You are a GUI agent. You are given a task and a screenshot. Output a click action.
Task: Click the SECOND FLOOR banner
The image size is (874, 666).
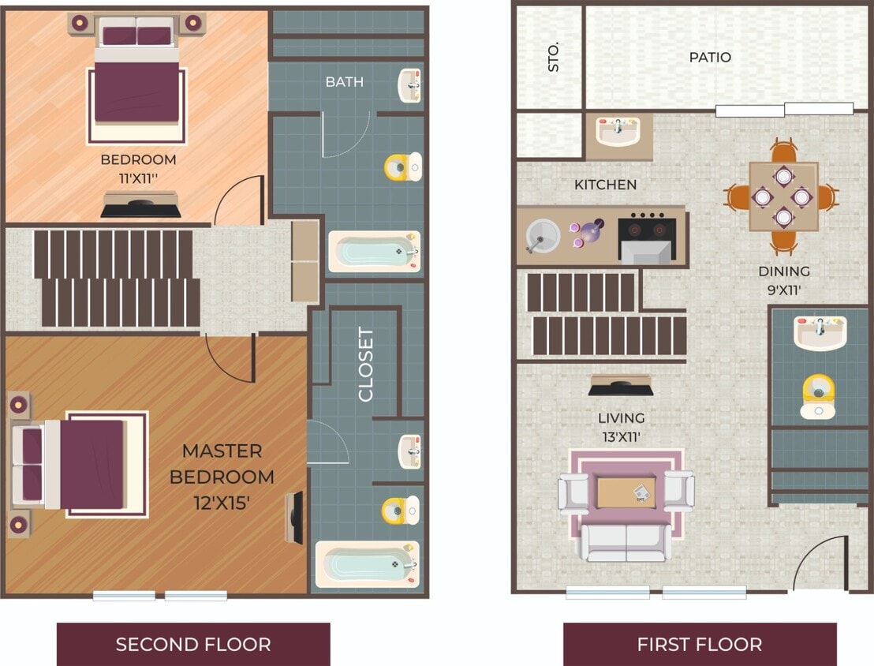193,644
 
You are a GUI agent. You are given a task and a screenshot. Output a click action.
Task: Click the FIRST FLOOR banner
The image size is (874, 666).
699,644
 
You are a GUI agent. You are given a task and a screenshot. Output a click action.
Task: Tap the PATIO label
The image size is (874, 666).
710,58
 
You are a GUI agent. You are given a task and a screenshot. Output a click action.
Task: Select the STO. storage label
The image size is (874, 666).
553,58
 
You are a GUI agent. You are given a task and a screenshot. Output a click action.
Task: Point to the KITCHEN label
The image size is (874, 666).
605,185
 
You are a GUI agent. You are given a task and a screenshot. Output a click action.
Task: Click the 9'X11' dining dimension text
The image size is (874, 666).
784,289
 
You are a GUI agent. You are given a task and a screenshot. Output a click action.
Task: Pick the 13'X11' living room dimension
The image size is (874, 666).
621,435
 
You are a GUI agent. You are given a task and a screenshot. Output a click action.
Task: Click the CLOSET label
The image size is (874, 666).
366,365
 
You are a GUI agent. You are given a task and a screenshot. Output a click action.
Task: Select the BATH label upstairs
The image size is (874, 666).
345,82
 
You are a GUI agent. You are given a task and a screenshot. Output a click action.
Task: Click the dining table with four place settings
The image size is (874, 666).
782,196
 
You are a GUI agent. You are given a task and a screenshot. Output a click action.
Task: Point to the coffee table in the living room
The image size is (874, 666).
626,493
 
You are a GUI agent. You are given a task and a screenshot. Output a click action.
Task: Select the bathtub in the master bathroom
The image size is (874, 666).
365,564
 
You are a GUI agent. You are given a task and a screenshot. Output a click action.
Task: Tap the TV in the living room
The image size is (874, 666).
620,387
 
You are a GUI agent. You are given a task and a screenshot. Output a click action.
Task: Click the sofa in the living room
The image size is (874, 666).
626,543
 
